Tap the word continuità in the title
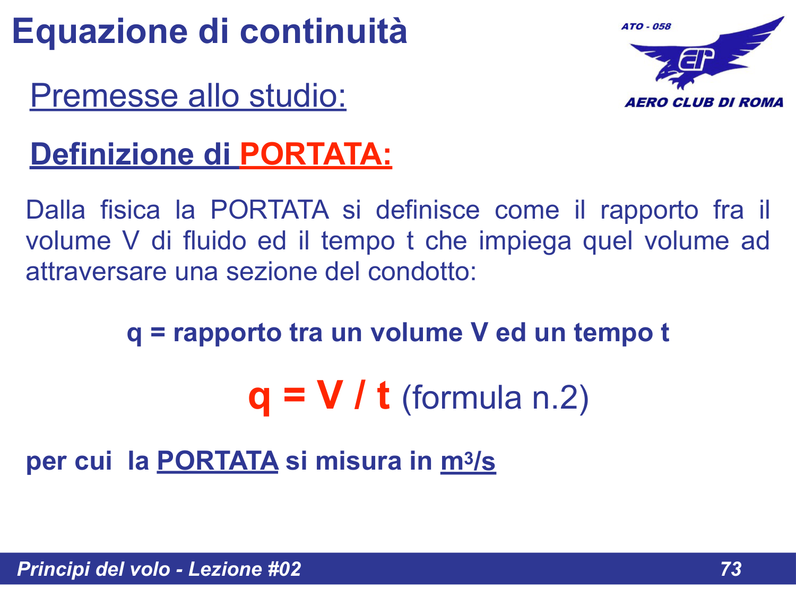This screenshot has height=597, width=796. pos(324,32)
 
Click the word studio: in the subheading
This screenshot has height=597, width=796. pos(297,96)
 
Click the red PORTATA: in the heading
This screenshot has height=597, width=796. pos(316,154)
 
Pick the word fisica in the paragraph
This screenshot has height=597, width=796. pos(130,210)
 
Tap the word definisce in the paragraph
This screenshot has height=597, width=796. pos(427,210)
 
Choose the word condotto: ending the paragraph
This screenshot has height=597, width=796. pos(422,271)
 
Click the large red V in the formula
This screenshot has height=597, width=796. pos(329,395)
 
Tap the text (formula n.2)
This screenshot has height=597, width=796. pos(495,397)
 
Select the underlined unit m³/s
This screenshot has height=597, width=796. pos(468,461)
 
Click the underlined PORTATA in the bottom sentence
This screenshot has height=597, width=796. pos(218,461)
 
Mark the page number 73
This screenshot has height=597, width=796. pos(731,569)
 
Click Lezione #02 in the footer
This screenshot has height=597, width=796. pos(245,569)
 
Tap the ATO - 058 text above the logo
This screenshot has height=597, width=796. pos(646,27)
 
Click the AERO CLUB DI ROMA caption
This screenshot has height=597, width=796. pos(704,102)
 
